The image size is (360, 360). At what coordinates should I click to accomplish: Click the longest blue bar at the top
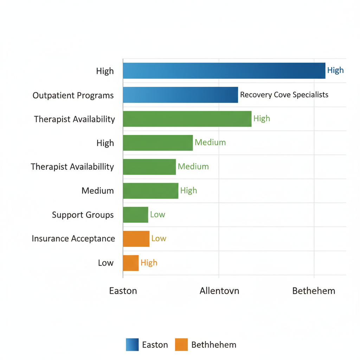[x=224, y=71]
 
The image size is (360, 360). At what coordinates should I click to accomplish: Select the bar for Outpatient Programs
[x=180, y=95]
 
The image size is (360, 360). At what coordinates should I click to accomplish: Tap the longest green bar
[x=187, y=119]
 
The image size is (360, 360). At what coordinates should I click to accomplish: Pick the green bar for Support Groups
[x=135, y=215]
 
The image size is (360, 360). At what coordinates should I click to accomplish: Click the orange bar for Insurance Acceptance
[x=136, y=239]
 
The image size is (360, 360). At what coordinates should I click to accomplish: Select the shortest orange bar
[x=131, y=263]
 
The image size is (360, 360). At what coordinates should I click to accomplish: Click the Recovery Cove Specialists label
[x=284, y=95]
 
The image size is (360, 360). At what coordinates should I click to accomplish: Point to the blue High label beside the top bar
[x=335, y=70]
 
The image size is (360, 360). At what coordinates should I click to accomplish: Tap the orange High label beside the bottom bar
[x=149, y=263]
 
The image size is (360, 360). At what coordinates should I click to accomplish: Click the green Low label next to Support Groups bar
[x=157, y=215]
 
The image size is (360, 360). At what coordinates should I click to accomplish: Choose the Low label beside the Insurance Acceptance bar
[x=159, y=239]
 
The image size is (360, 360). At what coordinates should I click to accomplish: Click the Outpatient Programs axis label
[x=73, y=95]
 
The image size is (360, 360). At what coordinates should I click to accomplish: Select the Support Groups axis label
[x=83, y=215]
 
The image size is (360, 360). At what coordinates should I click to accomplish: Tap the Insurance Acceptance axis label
[x=73, y=239]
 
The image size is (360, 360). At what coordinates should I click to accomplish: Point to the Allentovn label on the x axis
[x=219, y=291]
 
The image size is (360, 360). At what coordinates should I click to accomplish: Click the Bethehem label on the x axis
[x=314, y=291]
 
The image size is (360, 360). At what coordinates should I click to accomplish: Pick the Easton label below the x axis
[x=123, y=291]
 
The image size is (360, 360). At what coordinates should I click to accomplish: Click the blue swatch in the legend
[x=132, y=345]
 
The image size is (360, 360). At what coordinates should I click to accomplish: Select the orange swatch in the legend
[x=181, y=345]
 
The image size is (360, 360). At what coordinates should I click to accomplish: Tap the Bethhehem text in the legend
[x=214, y=345]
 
